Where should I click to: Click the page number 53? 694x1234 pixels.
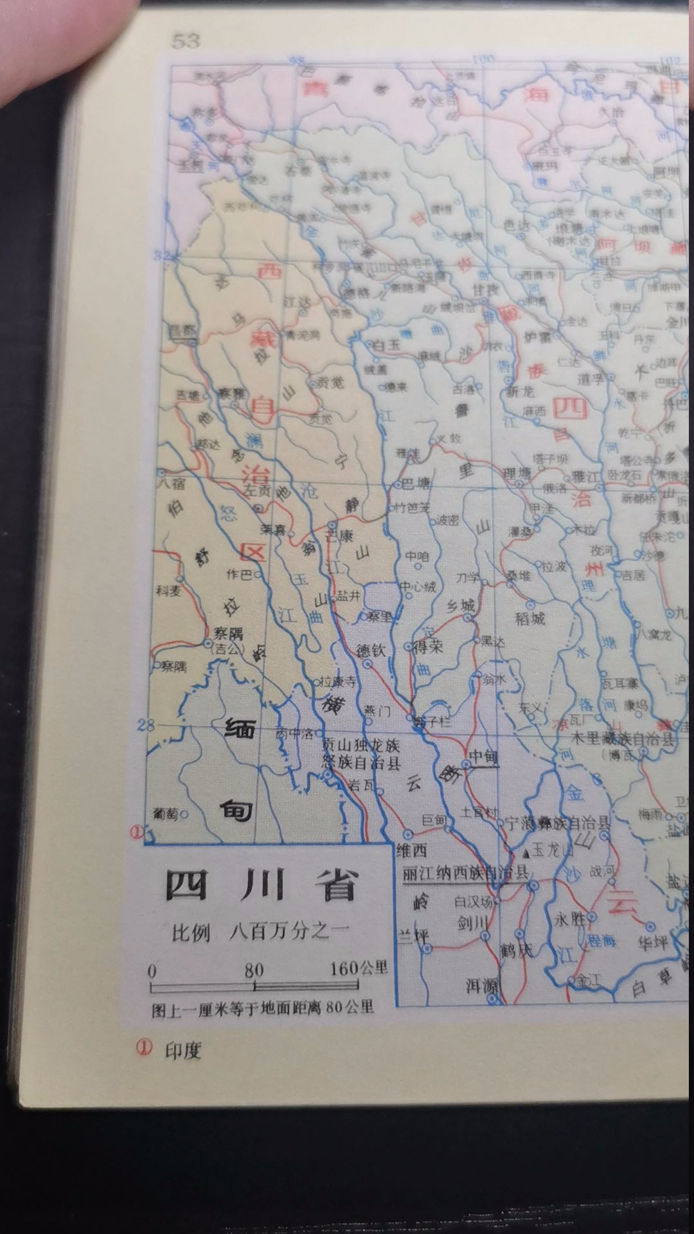pos(186,41)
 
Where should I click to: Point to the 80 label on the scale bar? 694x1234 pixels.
pos(254,969)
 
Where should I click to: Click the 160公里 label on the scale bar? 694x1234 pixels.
pos(359,968)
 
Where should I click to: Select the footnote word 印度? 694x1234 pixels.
pos(183,1050)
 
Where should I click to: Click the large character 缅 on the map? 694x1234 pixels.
pos(240,728)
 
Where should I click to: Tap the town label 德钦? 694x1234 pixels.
pos(371,650)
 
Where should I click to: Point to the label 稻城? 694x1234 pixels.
pos(530,618)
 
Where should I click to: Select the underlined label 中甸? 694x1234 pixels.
pos(484,757)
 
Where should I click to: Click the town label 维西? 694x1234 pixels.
pos(412,851)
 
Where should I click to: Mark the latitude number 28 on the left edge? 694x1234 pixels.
pos(146,725)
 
